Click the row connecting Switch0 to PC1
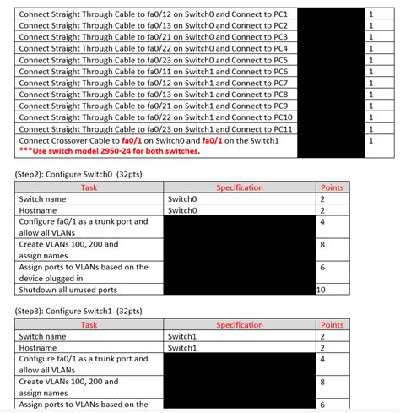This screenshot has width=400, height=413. (x=152, y=14)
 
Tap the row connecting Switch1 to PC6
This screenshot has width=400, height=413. (x=152, y=72)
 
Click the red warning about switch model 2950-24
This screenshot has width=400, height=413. (x=109, y=151)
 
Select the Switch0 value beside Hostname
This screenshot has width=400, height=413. (x=182, y=210)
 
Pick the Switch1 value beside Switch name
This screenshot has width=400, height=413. (x=182, y=336)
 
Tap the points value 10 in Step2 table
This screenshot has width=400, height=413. (x=321, y=290)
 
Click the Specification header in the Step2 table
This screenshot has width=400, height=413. (x=240, y=187)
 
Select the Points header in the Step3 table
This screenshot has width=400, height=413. (x=332, y=324)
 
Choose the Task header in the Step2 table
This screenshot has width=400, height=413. (x=90, y=187)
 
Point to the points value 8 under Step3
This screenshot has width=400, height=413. (x=322, y=381)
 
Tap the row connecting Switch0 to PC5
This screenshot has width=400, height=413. (x=152, y=61)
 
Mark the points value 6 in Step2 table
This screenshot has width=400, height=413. (x=322, y=267)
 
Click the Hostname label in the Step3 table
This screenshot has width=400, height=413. (x=39, y=347)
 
